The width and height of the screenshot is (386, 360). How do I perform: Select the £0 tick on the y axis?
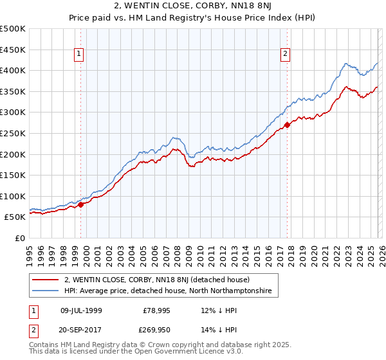20,238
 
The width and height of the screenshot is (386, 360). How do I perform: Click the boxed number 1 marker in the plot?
78,55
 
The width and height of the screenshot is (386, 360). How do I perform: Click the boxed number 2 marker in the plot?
284,55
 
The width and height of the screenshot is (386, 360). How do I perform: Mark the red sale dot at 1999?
81,205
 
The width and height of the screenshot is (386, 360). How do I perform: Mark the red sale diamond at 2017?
287,125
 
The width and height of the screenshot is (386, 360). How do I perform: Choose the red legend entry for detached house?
161,280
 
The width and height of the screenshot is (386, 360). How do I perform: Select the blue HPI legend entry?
168,291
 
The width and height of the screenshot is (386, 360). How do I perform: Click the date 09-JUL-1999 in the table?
80,310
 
